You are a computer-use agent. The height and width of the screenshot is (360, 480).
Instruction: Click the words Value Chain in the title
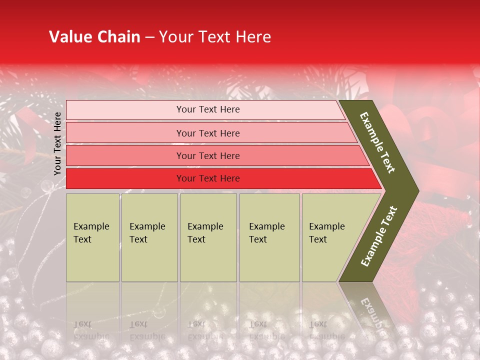(94, 37)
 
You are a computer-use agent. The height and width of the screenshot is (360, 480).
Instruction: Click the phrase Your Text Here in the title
(215, 37)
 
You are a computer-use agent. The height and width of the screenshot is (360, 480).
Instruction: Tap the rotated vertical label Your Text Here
(57, 143)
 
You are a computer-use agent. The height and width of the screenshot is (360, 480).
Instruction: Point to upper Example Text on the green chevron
(377, 142)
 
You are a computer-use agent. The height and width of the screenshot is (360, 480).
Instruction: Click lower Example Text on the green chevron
(378, 236)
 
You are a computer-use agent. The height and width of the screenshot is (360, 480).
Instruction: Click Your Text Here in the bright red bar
(208, 178)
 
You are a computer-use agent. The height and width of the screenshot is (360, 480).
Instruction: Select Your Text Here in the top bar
(208, 109)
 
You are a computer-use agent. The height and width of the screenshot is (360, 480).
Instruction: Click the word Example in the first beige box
(91, 226)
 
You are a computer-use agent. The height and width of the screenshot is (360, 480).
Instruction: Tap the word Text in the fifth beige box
(318, 239)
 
